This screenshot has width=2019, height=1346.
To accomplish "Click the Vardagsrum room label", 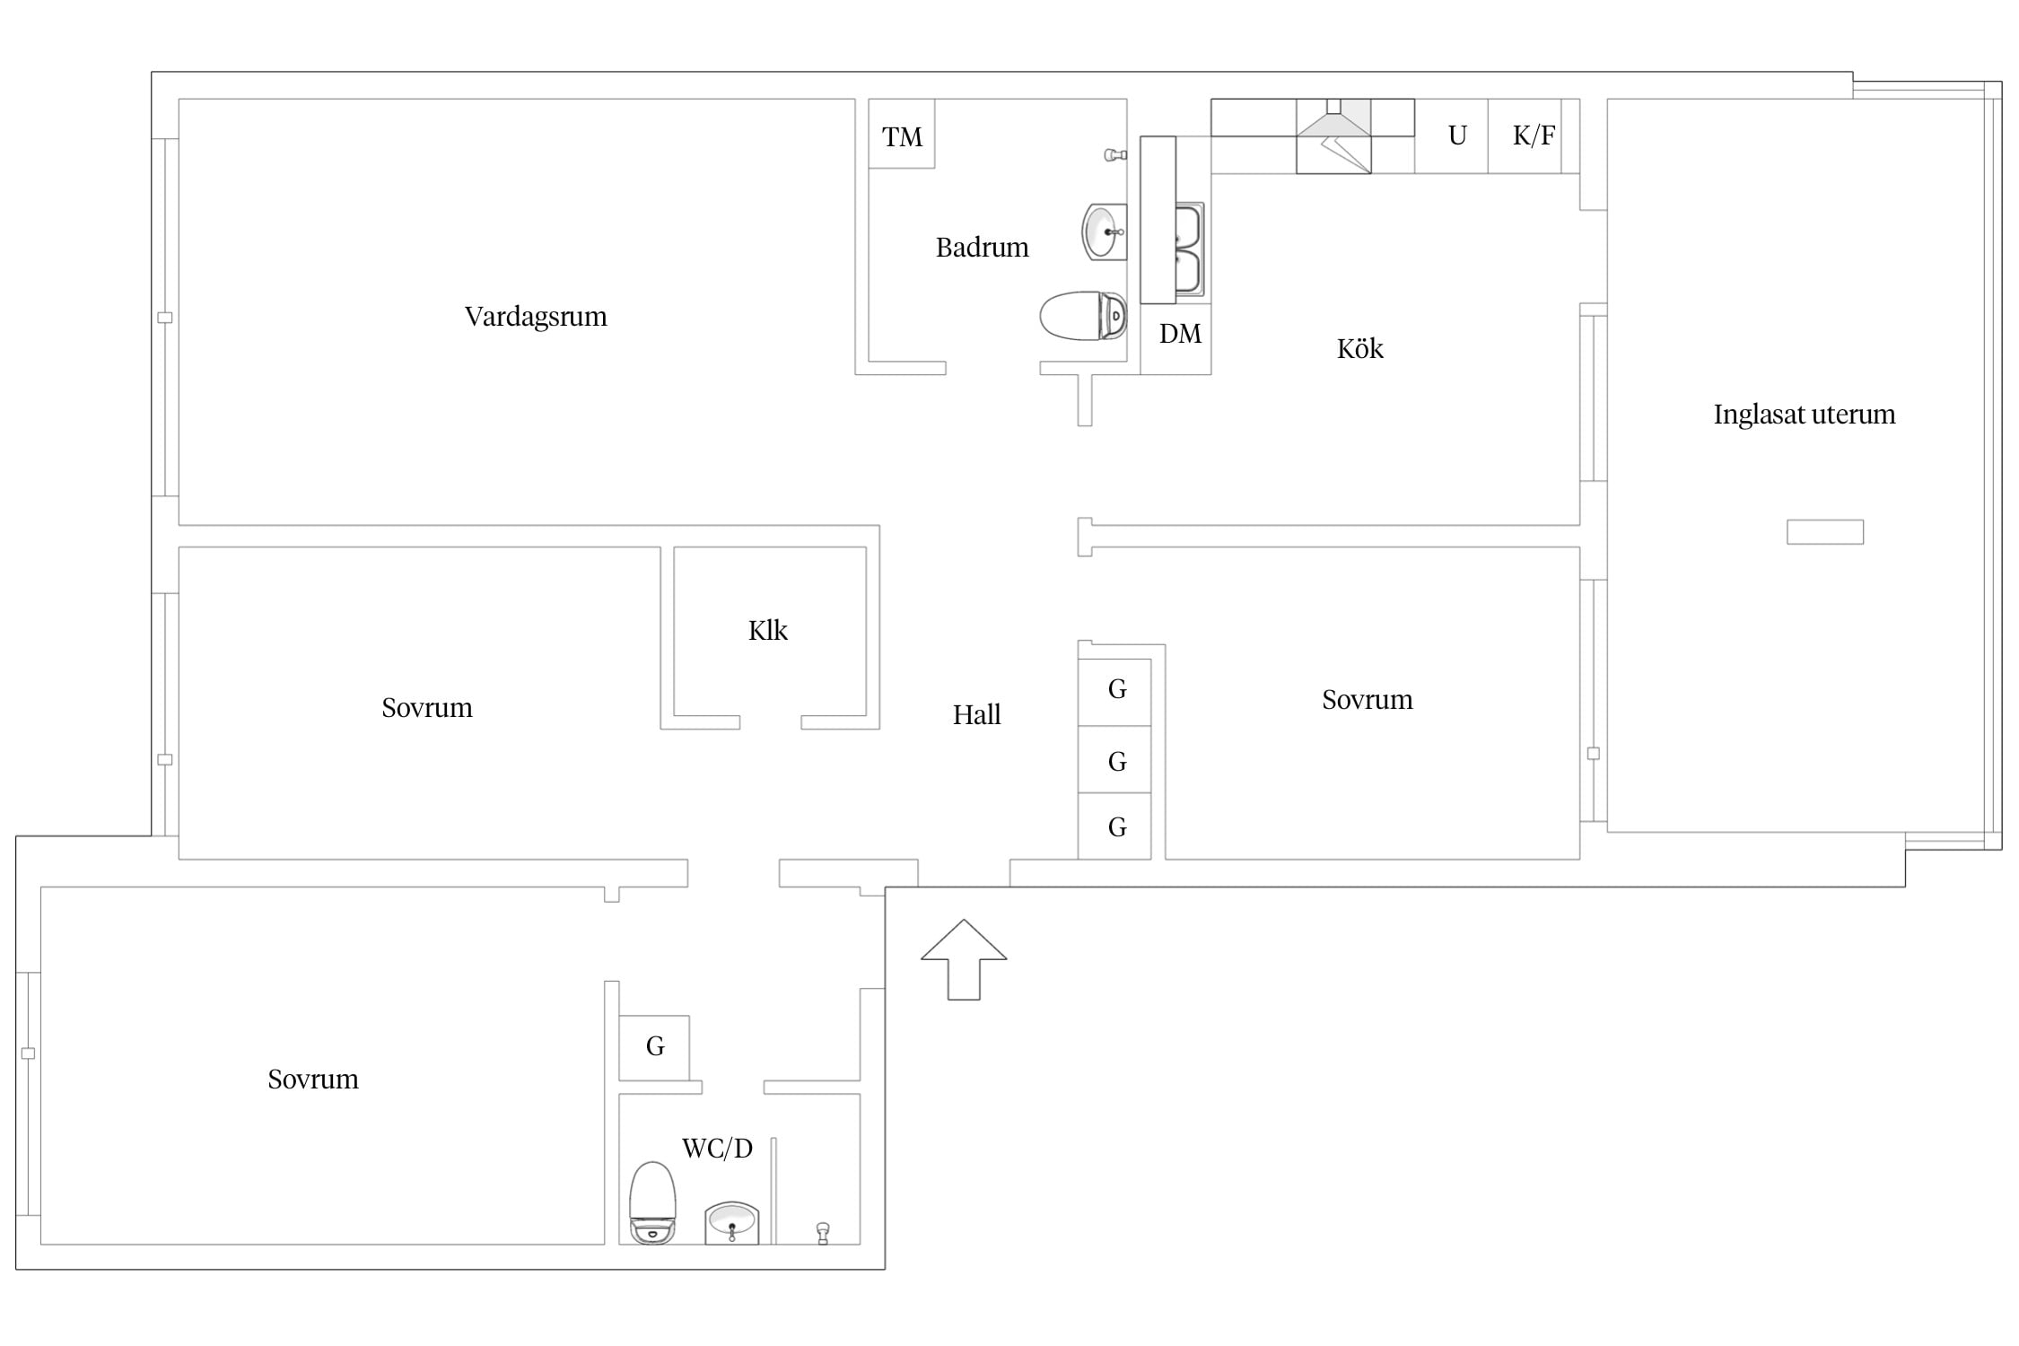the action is pyautogui.click(x=536, y=317).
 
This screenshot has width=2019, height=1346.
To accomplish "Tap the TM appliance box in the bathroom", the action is pyautogui.click(x=902, y=134).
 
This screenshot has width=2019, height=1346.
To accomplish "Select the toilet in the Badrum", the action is pyautogui.click(x=1083, y=316).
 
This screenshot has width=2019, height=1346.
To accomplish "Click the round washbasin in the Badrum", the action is pyautogui.click(x=1104, y=232).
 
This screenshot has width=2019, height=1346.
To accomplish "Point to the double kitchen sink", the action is pyautogui.click(x=1189, y=249).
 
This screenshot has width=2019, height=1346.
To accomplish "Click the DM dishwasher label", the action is pyautogui.click(x=1180, y=334).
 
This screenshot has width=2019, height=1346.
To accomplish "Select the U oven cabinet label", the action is pyautogui.click(x=1457, y=135).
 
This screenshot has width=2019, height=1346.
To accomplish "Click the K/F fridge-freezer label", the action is pyautogui.click(x=1534, y=135).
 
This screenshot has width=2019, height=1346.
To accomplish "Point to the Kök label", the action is pyautogui.click(x=1359, y=348).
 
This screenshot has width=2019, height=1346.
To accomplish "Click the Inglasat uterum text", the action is pyautogui.click(x=1804, y=414).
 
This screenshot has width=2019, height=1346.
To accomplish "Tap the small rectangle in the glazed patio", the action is pyautogui.click(x=1825, y=532).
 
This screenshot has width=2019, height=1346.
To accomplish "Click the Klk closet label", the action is pyautogui.click(x=767, y=631).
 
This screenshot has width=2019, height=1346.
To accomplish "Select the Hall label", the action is pyautogui.click(x=976, y=715).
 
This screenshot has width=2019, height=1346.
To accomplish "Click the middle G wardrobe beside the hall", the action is pyautogui.click(x=1114, y=759).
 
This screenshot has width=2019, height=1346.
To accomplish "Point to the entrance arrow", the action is pyautogui.click(x=964, y=958).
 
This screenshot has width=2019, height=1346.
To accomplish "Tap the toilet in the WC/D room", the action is pyautogui.click(x=652, y=1202).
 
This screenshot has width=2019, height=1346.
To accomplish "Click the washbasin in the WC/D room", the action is pyautogui.click(x=731, y=1222).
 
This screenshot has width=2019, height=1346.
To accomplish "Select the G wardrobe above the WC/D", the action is pyautogui.click(x=654, y=1047).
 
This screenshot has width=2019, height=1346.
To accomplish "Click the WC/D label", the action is pyautogui.click(x=717, y=1149).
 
